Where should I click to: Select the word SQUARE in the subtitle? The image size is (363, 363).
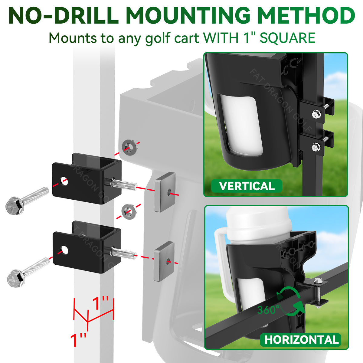click(x=287, y=38)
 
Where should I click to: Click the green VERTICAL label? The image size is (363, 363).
click(x=247, y=186)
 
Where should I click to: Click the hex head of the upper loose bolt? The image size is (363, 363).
click(x=15, y=205)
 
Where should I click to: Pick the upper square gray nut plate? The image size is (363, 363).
click(x=165, y=192)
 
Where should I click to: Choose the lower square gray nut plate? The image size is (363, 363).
click(x=164, y=261)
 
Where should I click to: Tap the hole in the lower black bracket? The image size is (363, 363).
click(x=64, y=250)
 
